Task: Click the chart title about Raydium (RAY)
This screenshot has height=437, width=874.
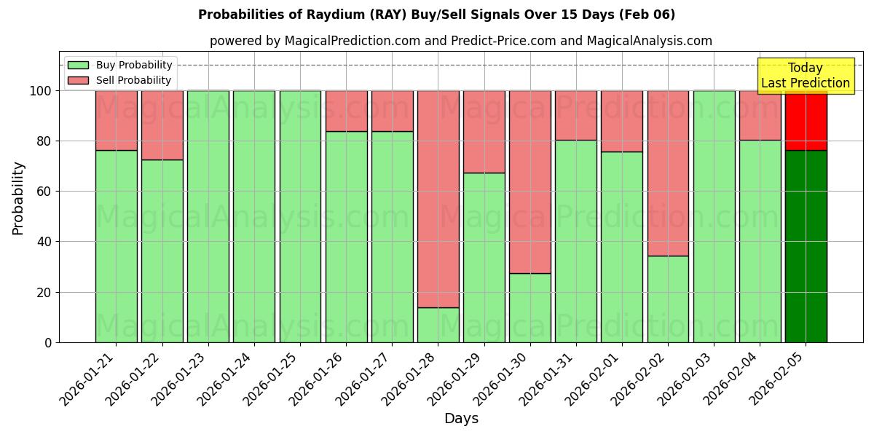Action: click(436, 15)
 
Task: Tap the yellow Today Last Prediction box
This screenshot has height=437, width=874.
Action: click(805, 76)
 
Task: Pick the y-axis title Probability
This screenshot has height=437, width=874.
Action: click(18, 197)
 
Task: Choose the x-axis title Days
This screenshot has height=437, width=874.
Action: click(461, 419)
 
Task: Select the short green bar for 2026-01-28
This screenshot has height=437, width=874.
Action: click(438, 325)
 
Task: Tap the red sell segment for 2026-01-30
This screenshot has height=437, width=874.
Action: click(530, 182)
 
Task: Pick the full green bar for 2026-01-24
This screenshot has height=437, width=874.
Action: click(254, 216)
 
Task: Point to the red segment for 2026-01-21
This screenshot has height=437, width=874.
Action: click(117, 120)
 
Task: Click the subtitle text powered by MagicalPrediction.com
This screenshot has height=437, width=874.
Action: click(461, 41)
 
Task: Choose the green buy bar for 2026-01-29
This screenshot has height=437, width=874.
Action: click(484, 257)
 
